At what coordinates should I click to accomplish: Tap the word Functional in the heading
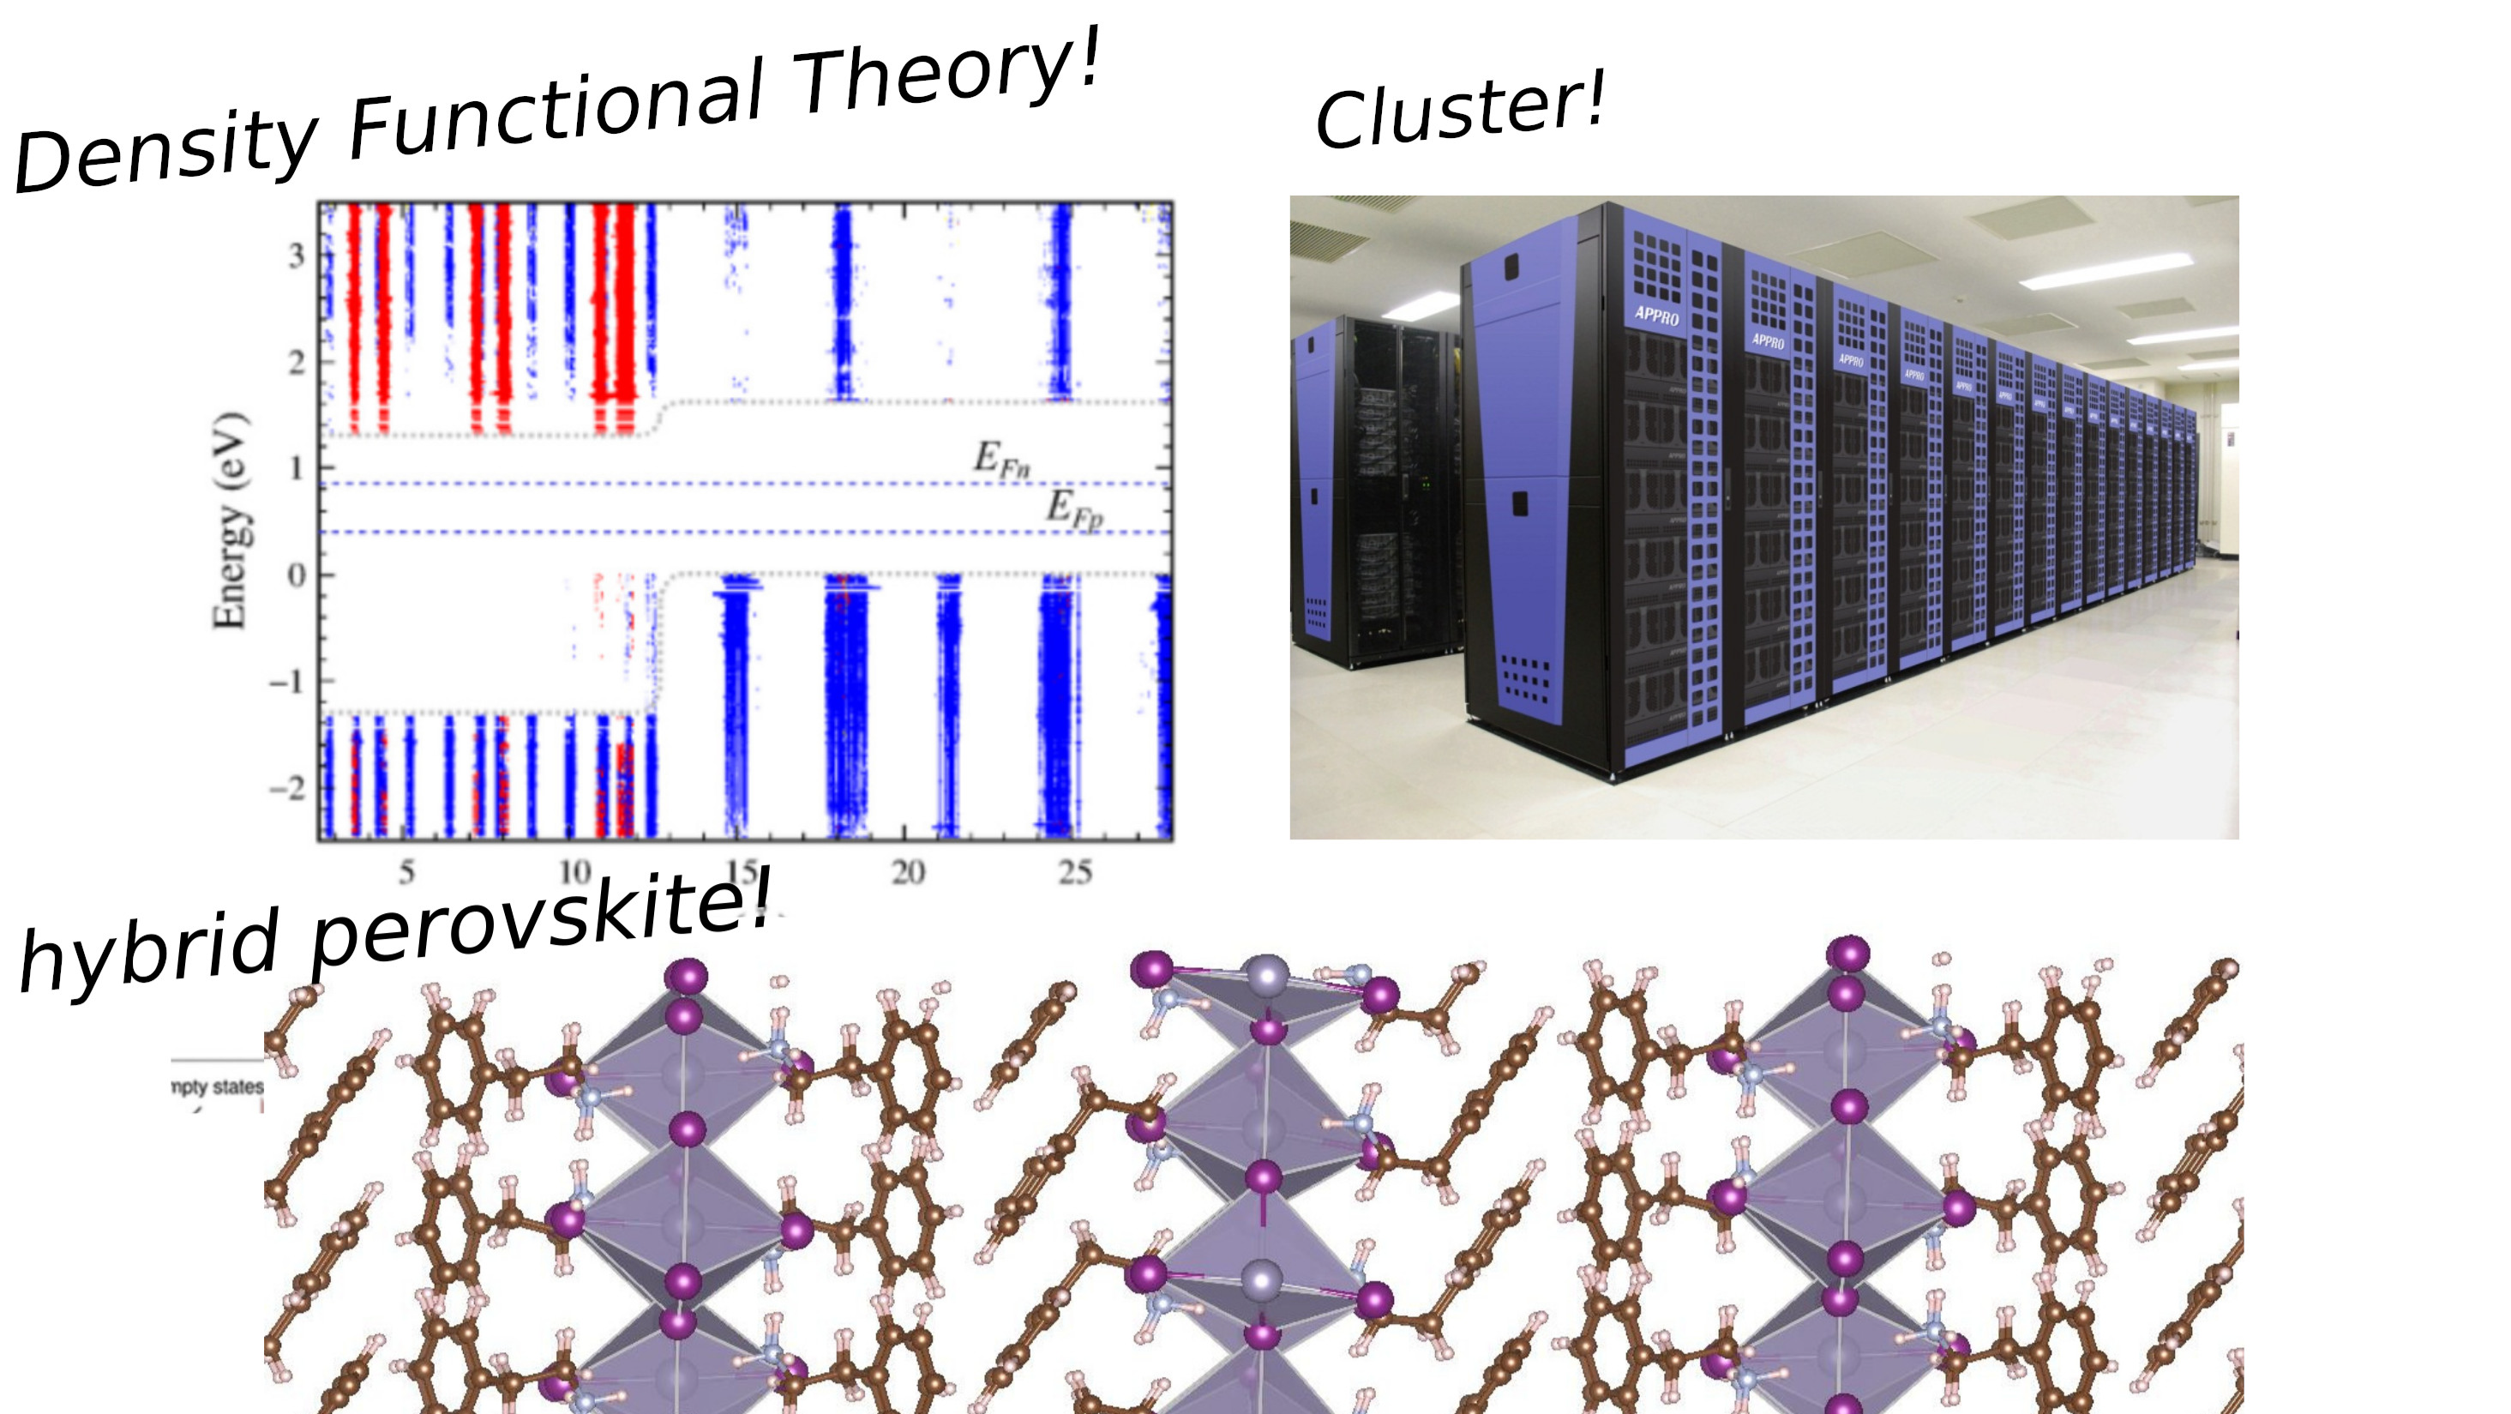556,109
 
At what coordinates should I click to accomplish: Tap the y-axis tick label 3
296,256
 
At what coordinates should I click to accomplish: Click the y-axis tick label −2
287,788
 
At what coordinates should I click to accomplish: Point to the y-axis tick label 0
296,575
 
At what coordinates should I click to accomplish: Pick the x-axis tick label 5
406,871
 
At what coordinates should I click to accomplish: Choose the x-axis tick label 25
1074,871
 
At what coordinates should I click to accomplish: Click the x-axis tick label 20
908,871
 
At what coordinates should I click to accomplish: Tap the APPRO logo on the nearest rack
1656,315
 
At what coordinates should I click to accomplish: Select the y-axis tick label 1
296,469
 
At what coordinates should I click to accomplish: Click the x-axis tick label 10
575,871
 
